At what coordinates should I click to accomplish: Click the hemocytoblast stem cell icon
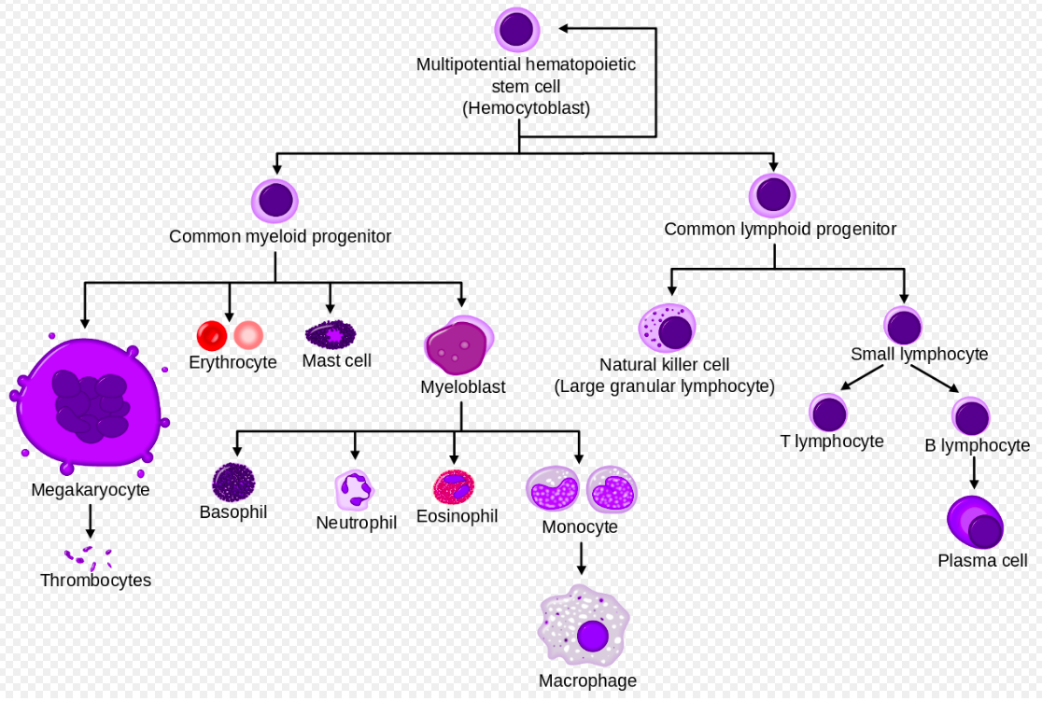pos(517,30)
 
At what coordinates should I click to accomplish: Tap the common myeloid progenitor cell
pos(275,201)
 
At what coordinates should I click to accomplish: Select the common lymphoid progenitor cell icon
pos(772,195)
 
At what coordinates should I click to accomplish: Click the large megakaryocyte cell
pos(89,403)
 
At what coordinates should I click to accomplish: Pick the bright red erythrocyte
pos(212,335)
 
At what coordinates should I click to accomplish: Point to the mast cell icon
pos(331,334)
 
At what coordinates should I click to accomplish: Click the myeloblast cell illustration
pos(459,344)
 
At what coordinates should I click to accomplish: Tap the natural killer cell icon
pos(668,328)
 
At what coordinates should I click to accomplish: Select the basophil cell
pos(233,483)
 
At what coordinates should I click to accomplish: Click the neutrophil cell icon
pos(355,490)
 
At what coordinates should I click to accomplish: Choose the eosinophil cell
pos(454,487)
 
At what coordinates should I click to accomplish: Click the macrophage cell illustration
pos(584,626)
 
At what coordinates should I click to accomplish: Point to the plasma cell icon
pos(976,523)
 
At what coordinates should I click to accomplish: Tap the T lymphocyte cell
pos(828,413)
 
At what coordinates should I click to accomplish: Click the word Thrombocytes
pos(95,580)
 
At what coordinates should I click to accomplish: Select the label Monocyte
pos(580,526)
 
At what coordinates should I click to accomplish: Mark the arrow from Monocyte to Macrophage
pos(582,559)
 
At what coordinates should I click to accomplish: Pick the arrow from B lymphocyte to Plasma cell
pos(974,473)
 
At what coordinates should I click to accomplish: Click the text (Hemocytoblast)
pos(527,108)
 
